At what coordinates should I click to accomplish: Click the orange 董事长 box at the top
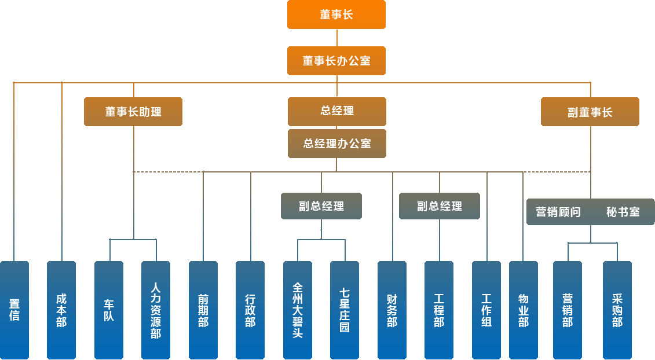(336, 14)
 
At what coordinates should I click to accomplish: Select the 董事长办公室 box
(336, 61)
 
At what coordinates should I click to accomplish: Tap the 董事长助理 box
(133, 112)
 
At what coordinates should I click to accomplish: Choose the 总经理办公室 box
(337, 144)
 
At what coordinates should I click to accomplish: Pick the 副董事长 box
(590, 112)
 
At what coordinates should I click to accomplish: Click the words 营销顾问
(558, 212)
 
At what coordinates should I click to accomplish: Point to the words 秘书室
(623, 212)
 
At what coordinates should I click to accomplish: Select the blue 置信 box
(14, 310)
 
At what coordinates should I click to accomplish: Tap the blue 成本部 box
(61, 310)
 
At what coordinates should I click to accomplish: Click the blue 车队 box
(109, 310)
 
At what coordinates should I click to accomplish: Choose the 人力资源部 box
(156, 310)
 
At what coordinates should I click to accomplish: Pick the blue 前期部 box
(203, 310)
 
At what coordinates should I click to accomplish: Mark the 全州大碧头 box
(298, 310)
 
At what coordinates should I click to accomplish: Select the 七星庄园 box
(345, 310)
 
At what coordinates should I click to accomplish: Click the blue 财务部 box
(392, 310)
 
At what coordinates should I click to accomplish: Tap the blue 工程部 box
(439, 310)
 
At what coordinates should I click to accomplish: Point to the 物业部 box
(524, 310)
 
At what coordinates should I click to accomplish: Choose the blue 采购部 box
(617, 310)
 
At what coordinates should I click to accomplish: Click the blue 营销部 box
(568, 310)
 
